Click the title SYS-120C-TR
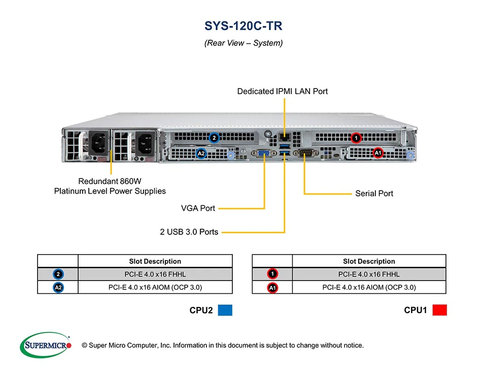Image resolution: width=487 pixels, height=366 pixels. [243, 26]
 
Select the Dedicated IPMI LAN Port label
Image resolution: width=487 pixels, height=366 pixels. [283, 91]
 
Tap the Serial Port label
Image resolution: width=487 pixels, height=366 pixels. [374, 194]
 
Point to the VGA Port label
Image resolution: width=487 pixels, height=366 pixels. [198, 208]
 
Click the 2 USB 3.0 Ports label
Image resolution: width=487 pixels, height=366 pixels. [189, 232]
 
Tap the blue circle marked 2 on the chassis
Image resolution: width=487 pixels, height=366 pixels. [214, 138]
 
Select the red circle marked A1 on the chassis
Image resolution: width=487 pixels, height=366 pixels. [378, 152]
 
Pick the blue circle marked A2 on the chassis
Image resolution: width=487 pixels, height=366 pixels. [201, 152]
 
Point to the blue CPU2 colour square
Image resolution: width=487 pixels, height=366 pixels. [225, 310]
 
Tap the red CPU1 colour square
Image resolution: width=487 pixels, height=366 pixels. [439, 310]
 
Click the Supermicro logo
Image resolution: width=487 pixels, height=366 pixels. [46, 346]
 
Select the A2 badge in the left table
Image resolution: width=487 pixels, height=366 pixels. [58, 287]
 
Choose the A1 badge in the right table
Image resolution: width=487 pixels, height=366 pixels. [272, 287]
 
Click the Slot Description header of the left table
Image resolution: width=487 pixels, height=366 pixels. [155, 261]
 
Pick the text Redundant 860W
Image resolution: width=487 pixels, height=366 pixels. [110, 181]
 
